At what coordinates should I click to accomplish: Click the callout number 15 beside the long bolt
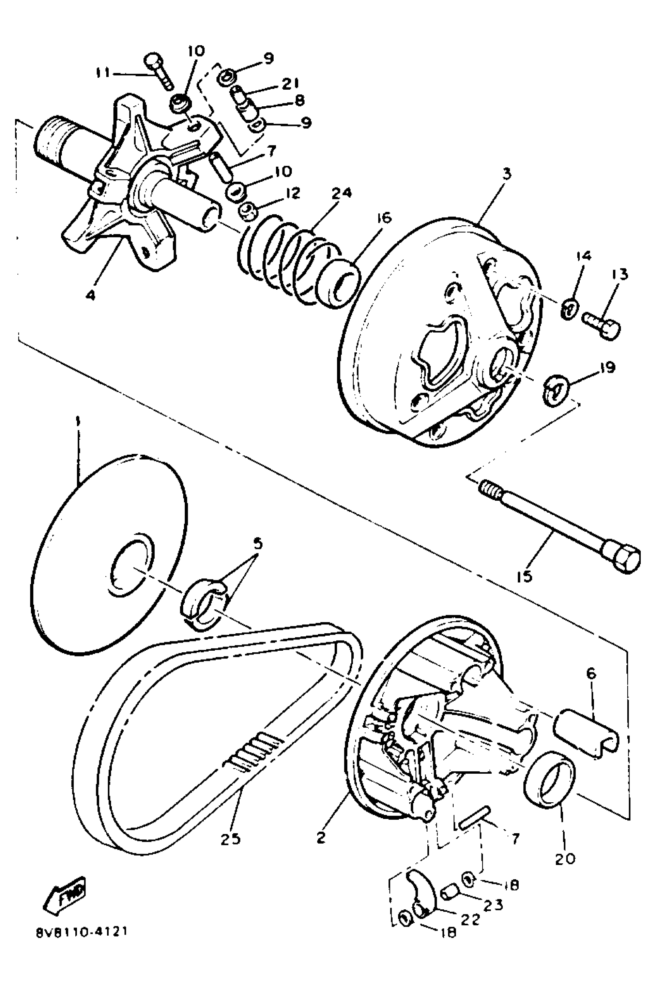(x=524, y=577)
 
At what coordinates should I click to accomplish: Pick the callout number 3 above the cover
(x=507, y=174)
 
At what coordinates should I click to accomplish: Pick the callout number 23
(x=493, y=906)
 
